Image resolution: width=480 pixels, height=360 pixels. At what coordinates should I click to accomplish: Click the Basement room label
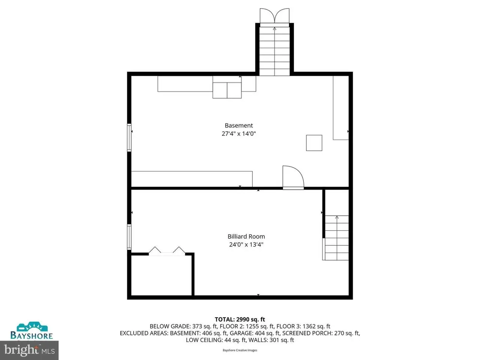pos(238,126)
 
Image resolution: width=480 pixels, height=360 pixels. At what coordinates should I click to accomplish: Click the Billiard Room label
pos(246,237)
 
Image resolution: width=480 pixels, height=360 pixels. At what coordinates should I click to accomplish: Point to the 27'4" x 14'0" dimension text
pos(238,133)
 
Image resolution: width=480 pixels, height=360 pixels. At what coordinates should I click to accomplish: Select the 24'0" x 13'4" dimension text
pos(246,244)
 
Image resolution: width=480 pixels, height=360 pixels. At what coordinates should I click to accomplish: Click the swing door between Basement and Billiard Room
pos(293,177)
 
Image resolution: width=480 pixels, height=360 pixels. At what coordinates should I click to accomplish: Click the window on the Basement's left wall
pos(129,138)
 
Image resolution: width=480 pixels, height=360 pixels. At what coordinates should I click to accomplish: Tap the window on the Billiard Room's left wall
pos(129,237)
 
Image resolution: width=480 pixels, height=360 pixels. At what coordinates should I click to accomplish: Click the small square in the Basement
pos(314,143)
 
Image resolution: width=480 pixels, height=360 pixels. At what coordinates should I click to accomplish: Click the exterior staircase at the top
pos(274,51)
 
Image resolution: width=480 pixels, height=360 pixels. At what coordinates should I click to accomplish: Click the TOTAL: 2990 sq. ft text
pos(240,319)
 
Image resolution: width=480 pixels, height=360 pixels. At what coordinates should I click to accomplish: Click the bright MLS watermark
pos(29,350)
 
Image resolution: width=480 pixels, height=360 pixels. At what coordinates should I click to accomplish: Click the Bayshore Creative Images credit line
pos(240,350)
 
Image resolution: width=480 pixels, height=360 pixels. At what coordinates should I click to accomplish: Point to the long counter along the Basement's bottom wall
pos(192,179)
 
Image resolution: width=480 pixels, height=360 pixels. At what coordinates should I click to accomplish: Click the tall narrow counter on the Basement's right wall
pos(341,108)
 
